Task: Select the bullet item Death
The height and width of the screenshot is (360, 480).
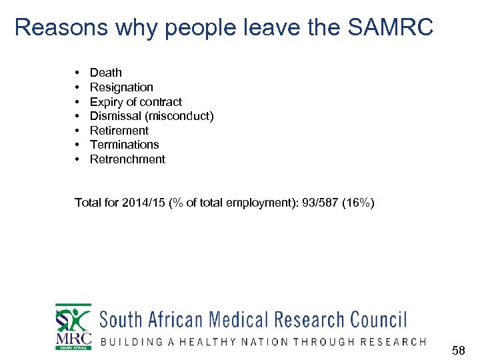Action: [106, 73]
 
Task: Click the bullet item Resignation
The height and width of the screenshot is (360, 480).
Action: [121, 87]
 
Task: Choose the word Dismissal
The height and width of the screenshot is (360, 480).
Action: [114, 116]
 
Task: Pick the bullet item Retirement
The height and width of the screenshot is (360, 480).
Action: [119, 131]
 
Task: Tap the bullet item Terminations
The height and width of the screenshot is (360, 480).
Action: [125, 145]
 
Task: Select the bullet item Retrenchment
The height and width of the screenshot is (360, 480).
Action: [127, 159]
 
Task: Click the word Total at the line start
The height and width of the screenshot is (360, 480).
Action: [88, 203]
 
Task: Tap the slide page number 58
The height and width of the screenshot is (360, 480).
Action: [459, 349]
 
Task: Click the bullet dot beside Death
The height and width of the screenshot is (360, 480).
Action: [78, 73]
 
